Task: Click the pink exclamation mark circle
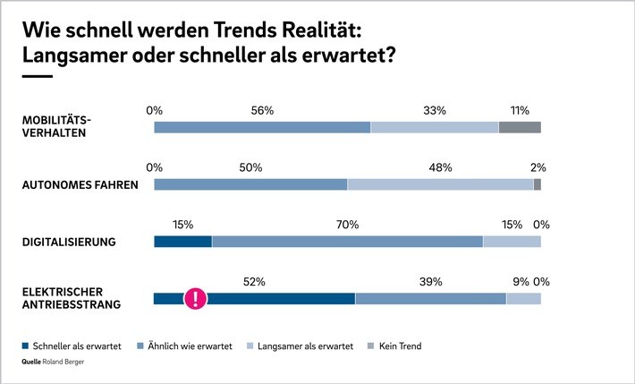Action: click(x=196, y=299)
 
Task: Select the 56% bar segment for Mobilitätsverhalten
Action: click(x=262, y=127)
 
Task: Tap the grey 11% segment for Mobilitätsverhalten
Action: click(x=520, y=127)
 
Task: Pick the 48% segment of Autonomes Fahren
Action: click(x=440, y=184)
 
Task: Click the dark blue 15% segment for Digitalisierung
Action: click(x=182, y=242)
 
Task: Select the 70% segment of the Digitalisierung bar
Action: click(x=347, y=242)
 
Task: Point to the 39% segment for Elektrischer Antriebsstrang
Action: click(x=430, y=299)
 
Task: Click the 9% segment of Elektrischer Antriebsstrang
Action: click(x=523, y=299)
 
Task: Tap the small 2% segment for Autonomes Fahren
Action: click(x=538, y=184)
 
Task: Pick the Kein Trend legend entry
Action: click(x=399, y=346)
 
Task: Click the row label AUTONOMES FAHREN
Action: click(x=79, y=185)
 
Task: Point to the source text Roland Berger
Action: click(x=74, y=363)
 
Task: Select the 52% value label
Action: click(x=255, y=282)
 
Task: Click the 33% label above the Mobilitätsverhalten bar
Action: click(x=435, y=110)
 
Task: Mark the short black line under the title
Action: click(x=37, y=77)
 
